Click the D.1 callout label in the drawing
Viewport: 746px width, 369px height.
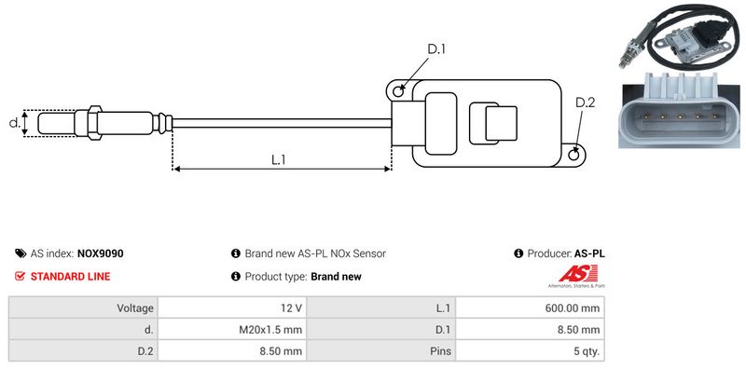(x=436, y=49)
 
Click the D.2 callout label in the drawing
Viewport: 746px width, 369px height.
(x=586, y=102)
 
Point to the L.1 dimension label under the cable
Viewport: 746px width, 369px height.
(x=278, y=160)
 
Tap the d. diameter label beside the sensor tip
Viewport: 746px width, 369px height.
(x=15, y=123)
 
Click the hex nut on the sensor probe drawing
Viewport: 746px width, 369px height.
(x=95, y=123)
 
